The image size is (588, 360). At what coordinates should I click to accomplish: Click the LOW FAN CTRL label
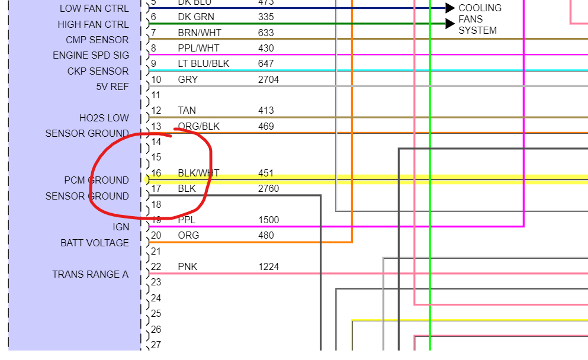(94, 9)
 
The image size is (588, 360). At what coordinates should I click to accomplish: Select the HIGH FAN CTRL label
(93, 24)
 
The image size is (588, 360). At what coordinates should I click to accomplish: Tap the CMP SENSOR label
(97, 40)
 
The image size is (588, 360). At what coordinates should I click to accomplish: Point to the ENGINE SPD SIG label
(91, 56)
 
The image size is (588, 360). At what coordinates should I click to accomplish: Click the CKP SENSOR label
(98, 71)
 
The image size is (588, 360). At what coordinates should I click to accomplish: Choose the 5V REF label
(112, 86)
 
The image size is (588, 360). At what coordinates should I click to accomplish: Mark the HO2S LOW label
(104, 118)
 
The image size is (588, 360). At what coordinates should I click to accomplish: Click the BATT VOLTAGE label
(94, 243)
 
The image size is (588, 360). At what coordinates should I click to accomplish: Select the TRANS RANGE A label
(90, 274)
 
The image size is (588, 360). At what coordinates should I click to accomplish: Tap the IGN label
(121, 227)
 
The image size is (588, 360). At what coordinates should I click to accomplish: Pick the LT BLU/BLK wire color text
(203, 63)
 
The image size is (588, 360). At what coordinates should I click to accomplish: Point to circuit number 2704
(268, 79)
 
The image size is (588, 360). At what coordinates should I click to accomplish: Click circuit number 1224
(268, 266)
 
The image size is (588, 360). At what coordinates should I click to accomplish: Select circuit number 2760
(268, 189)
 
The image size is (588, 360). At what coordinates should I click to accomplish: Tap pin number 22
(156, 266)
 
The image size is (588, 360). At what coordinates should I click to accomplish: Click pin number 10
(156, 79)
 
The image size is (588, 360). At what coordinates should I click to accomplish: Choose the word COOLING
(480, 8)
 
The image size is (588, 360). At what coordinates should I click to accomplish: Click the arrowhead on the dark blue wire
(450, 8)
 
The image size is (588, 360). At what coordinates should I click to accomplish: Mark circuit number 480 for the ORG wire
(266, 235)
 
